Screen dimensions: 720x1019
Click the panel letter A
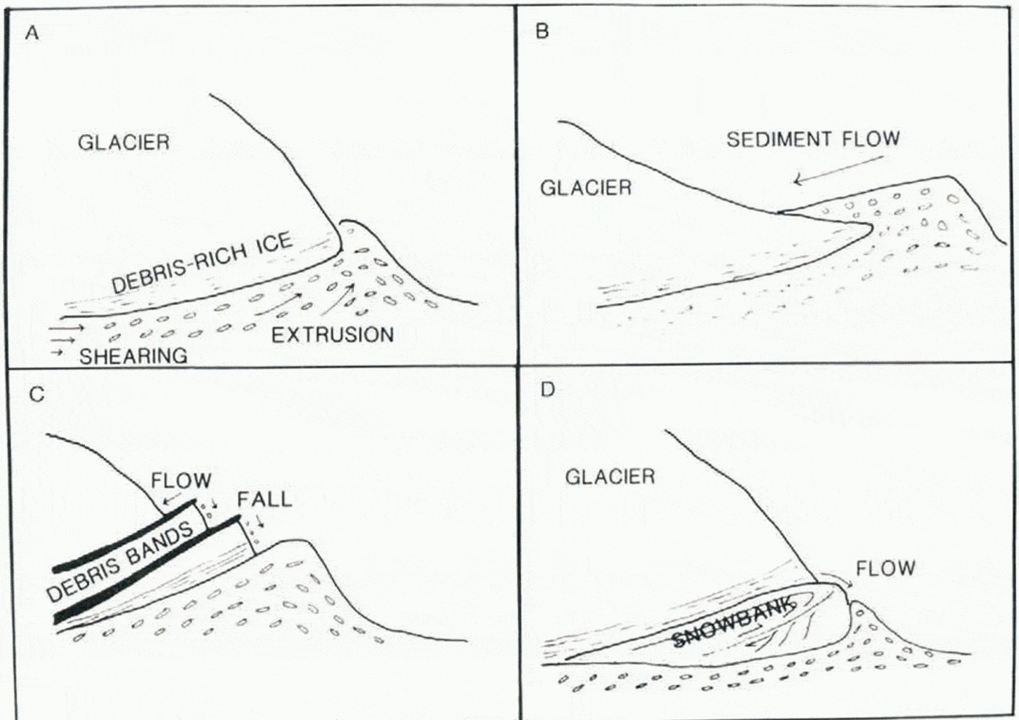31,33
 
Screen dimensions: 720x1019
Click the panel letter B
542,31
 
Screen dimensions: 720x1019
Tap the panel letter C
36,395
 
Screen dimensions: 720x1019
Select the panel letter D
547,389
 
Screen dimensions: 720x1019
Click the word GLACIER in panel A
124,142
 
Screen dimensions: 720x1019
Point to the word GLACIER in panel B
585,188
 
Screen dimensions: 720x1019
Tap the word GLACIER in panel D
610,477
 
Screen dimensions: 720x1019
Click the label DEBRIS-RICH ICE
202,263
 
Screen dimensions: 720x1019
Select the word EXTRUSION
333,335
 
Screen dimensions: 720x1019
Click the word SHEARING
133,356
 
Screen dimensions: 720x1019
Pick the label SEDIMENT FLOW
813,139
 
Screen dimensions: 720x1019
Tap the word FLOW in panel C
181,480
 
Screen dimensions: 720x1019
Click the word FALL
264,499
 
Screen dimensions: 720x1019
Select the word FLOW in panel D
885,568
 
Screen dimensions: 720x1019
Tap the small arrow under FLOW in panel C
173,497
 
